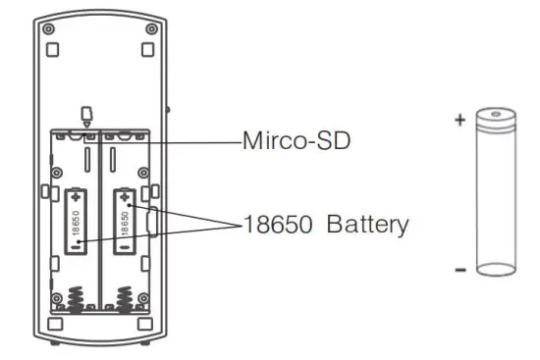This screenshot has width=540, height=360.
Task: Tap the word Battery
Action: tap(366, 224)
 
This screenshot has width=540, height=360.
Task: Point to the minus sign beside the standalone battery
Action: tap(459, 267)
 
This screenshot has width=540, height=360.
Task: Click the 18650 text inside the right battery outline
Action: tap(125, 223)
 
